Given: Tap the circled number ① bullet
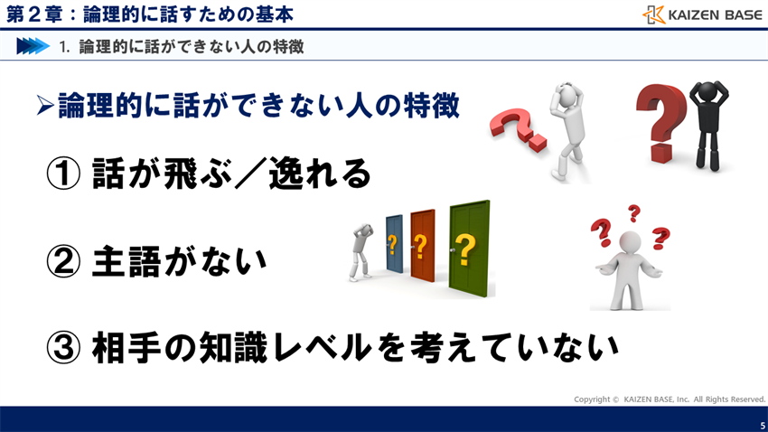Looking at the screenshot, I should click(64, 174).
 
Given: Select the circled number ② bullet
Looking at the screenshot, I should click(64, 261).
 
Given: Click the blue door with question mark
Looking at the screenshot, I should click(393, 245).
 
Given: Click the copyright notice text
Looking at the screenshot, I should click(669, 399).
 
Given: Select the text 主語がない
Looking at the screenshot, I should click(180, 261).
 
